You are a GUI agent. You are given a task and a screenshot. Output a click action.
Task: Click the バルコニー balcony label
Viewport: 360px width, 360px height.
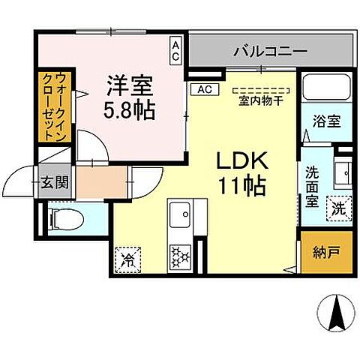(x=269, y=52)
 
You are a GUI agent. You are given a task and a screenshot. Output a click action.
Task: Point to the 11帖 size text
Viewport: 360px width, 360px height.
(x=241, y=185)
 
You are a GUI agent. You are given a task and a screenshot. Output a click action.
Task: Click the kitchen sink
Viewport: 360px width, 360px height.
(x=180, y=217)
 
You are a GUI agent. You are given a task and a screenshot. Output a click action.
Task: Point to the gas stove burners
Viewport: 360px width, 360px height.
(x=180, y=256)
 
